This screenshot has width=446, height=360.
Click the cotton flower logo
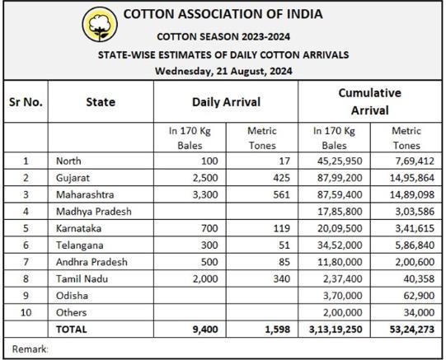(x=100, y=24)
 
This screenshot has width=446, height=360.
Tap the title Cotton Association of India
(x=223, y=14)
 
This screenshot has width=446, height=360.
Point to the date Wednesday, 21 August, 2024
(x=223, y=71)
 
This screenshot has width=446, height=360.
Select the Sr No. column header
(x=26, y=102)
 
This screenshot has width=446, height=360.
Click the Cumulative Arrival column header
(x=370, y=101)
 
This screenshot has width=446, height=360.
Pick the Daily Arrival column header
(x=226, y=102)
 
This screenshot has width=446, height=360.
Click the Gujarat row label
(x=73, y=178)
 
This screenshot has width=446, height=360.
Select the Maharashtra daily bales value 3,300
(x=205, y=194)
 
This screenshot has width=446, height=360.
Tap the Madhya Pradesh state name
(x=94, y=212)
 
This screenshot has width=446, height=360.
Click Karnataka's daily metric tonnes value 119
(x=281, y=228)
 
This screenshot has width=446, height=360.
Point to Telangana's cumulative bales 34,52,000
(x=340, y=245)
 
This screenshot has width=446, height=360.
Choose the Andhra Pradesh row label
(x=92, y=262)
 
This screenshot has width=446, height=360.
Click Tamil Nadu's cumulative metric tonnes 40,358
(x=419, y=278)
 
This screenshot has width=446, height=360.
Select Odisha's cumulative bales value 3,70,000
(x=342, y=296)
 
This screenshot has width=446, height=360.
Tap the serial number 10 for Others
(x=26, y=312)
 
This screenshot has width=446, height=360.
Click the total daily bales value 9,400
(x=205, y=330)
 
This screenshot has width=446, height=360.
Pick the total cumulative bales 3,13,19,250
(x=336, y=330)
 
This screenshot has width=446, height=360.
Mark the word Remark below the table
(x=30, y=349)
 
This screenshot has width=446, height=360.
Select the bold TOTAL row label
(x=72, y=330)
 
